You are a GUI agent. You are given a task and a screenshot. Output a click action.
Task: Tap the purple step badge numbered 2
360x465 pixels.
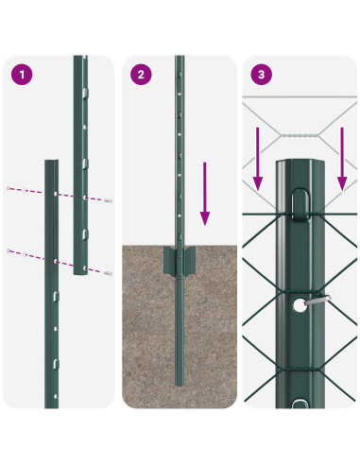tap(142, 74)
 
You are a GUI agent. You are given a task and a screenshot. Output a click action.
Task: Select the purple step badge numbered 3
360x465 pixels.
tap(261, 74)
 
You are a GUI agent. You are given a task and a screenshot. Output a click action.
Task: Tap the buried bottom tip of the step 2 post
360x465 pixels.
tap(180, 382)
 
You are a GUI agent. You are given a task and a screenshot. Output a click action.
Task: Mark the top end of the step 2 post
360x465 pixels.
tap(179, 60)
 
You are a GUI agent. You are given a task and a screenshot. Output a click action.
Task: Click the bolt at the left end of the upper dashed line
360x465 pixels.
tap(10, 188)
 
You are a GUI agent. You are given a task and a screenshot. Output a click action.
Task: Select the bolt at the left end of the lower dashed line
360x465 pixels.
tap(10, 250)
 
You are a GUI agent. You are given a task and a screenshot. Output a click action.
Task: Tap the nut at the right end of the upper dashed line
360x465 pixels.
tap(111, 200)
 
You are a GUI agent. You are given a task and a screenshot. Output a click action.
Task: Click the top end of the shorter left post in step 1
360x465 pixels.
tap(53, 163)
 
